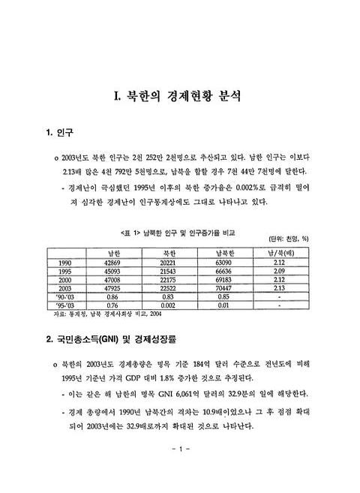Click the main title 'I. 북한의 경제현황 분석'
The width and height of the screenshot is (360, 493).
[x=179, y=97]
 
